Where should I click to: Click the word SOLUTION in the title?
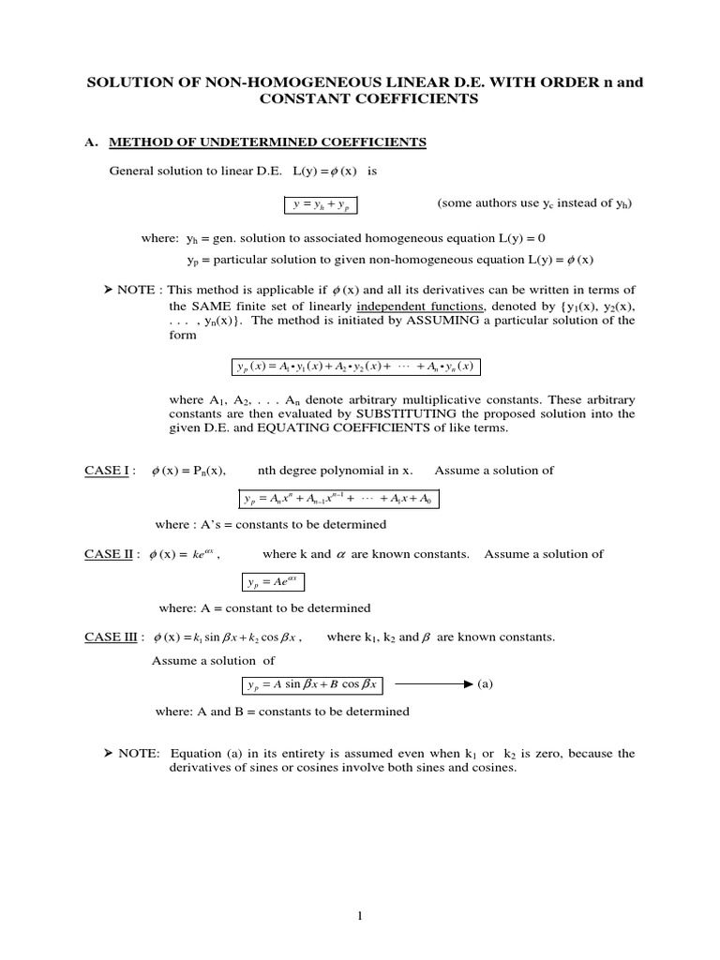(x=128, y=82)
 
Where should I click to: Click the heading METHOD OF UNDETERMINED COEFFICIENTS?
(x=268, y=142)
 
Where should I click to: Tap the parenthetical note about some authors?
(x=534, y=203)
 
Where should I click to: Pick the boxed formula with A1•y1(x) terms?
(x=354, y=366)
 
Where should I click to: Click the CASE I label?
(x=106, y=470)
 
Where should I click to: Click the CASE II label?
(x=109, y=554)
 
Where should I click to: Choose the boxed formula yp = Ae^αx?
(x=273, y=583)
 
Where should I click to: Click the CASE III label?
(x=111, y=637)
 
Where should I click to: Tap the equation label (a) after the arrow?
(x=485, y=684)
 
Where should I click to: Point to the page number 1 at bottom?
(x=359, y=916)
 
